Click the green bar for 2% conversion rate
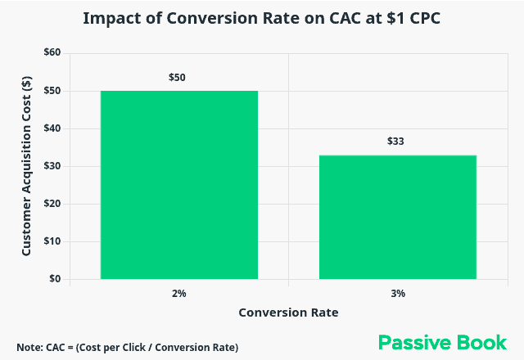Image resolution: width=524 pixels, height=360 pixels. click(x=179, y=185)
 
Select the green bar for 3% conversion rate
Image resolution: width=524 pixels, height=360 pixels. click(x=398, y=217)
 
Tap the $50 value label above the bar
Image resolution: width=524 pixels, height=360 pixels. click(x=179, y=78)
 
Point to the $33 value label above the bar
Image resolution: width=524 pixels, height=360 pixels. click(x=398, y=142)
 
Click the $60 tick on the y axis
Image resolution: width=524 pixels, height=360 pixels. click(x=52, y=53)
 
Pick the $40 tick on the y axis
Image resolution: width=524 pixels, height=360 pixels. click(x=52, y=128)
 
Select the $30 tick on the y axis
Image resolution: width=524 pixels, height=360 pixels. click(x=52, y=166)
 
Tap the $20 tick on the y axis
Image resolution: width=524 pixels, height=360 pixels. click(x=52, y=204)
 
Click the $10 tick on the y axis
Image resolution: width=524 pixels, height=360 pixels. click(x=52, y=241)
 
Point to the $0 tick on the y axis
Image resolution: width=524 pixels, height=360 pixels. click(x=54, y=279)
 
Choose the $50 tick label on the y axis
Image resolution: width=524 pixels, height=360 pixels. click(x=52, y=91)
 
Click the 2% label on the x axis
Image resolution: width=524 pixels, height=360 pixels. click(x=179, y=293)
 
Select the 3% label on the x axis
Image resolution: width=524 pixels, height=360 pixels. click(x=398, y=293)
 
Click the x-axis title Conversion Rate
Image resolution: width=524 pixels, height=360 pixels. click(x=288, y=313)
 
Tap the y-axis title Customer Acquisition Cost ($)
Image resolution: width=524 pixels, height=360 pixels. click(x=26, y=166)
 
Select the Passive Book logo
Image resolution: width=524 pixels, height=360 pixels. click(x=442, y=342)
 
